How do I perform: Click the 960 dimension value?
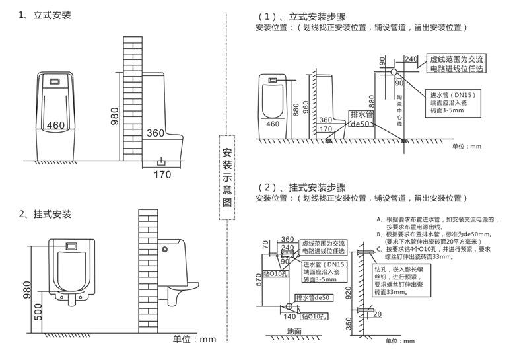pyautogui.click(x=306, y=106)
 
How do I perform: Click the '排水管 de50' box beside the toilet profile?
pyautogui.click(x=361, y=119)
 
